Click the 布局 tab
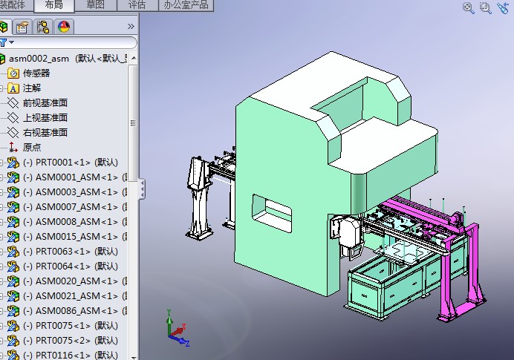pyautogui.click(x=53, y=5)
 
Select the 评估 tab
pyautogui.click(x=137, y=5)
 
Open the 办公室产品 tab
pyautogui.click(x=185, y=5)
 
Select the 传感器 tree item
pyautogui.click(x=36, y=73)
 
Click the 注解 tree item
pyautogui.click(x=32, y=88)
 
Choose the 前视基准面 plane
pyautogui.click(x=45, y=103)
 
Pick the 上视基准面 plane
pyautogui.click(x=45, y=118)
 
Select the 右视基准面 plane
pyautogui.click(x=45, y=133)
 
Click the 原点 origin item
pyautogui.click(x=32, y=148)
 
